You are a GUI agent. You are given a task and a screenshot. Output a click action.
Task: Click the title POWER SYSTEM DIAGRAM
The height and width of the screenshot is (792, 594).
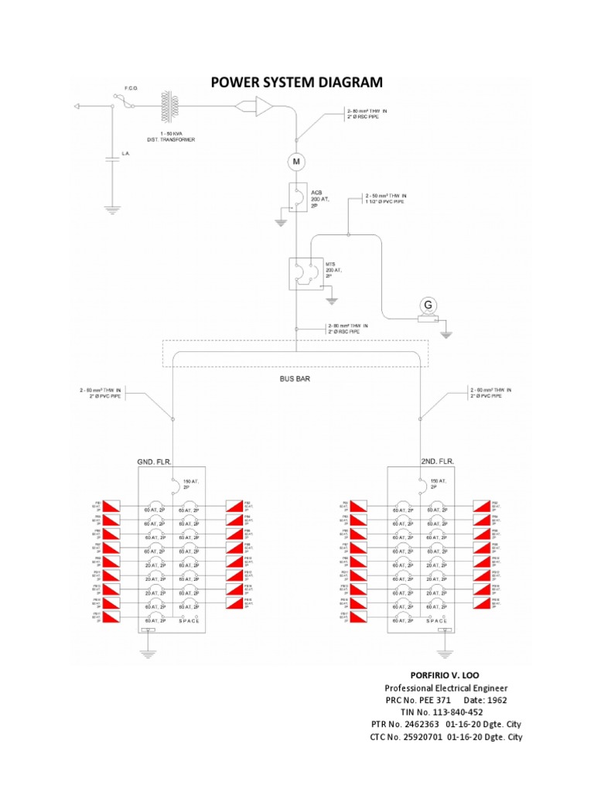click(x=297, y=83)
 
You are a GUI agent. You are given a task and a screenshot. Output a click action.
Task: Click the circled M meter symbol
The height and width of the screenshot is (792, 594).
click(x=296, y=162)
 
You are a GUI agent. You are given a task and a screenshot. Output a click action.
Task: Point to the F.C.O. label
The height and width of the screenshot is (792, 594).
click(x=131, y=89)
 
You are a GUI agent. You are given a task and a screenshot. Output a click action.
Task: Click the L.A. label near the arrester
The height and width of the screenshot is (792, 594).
click(x=125, y=154)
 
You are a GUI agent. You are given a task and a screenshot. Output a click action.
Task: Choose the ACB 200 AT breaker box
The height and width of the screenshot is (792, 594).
click(x=296, y=198)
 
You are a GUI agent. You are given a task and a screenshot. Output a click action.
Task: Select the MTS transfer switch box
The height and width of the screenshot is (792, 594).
click(x=300, y=273)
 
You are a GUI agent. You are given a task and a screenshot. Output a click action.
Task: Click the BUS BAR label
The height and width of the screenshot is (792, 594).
click(x=295, y=380)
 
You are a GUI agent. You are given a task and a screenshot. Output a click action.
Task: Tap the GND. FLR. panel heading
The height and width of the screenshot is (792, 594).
click(x=154, y=461)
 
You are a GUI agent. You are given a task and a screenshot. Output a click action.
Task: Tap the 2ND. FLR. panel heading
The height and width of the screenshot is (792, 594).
click(x=438, y=461)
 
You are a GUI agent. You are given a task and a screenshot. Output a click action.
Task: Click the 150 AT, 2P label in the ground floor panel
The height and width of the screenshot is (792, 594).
click(x=191, y=484)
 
